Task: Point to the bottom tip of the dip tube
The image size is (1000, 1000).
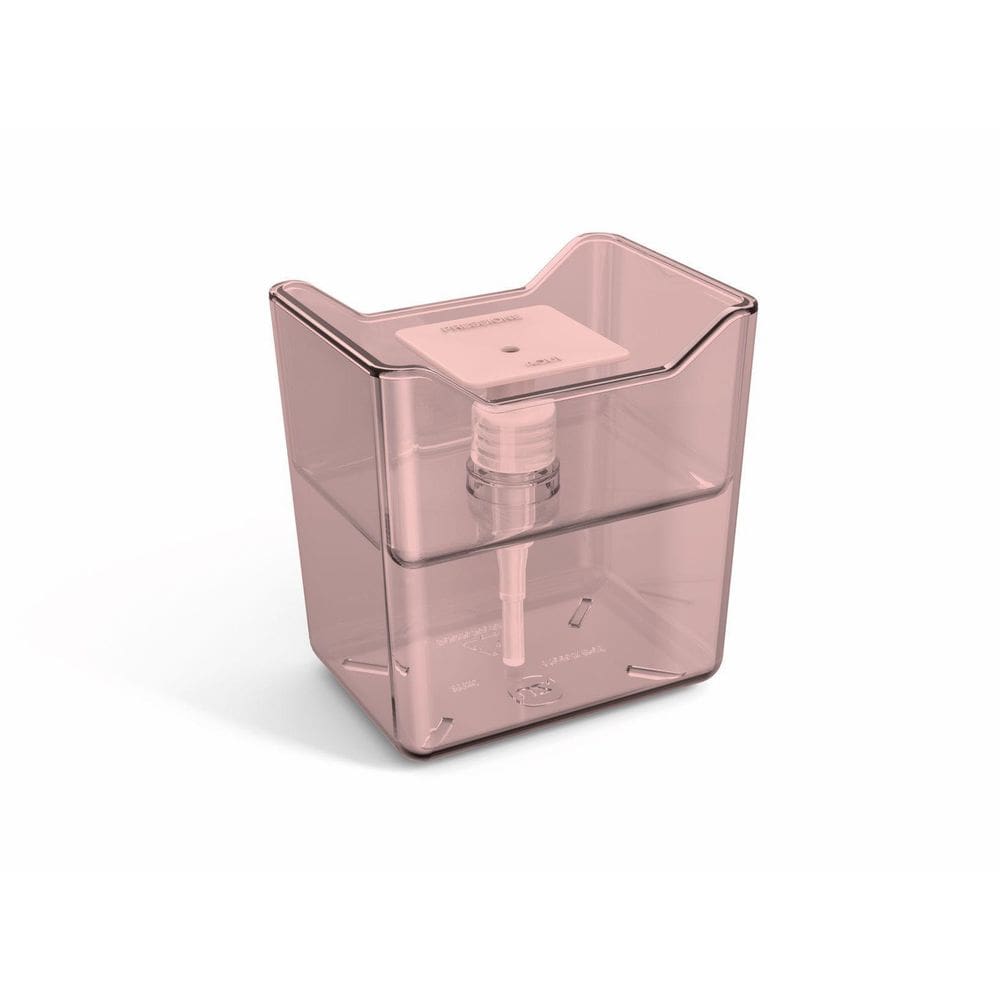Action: click(511, 660)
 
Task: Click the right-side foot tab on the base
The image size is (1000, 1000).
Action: click(656, 671)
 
